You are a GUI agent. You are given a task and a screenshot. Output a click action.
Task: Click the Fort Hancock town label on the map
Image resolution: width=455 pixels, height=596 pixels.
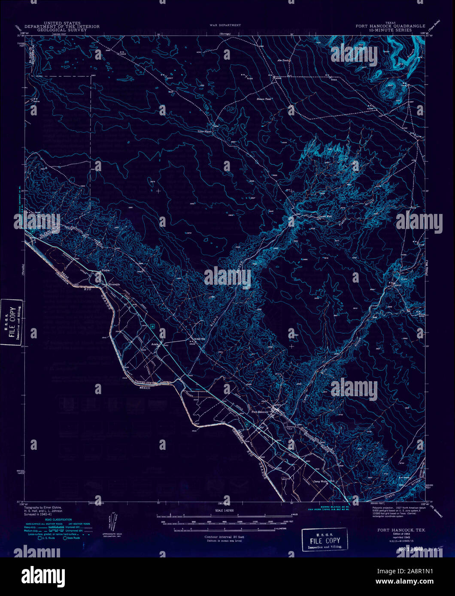click(x=260, y=412)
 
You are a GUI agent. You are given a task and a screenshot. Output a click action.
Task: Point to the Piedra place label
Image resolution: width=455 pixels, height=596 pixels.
click(x=106, y=271)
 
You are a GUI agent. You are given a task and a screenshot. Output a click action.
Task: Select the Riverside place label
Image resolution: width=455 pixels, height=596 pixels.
click(x=114, y=284)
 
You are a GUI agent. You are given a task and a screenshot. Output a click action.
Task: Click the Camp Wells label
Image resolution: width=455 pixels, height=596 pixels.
click(x=320, y=482)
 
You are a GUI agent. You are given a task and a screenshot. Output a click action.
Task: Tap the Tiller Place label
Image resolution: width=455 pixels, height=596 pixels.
click(x=204, y=131)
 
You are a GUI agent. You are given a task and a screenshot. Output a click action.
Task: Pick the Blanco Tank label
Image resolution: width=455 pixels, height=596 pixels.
click(x=264, y=99)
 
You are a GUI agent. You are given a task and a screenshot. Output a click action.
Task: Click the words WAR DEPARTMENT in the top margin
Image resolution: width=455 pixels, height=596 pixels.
click(x=225, y=25)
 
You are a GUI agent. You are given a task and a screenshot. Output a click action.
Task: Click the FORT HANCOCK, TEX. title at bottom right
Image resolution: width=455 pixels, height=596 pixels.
click(x=401, y=530)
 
